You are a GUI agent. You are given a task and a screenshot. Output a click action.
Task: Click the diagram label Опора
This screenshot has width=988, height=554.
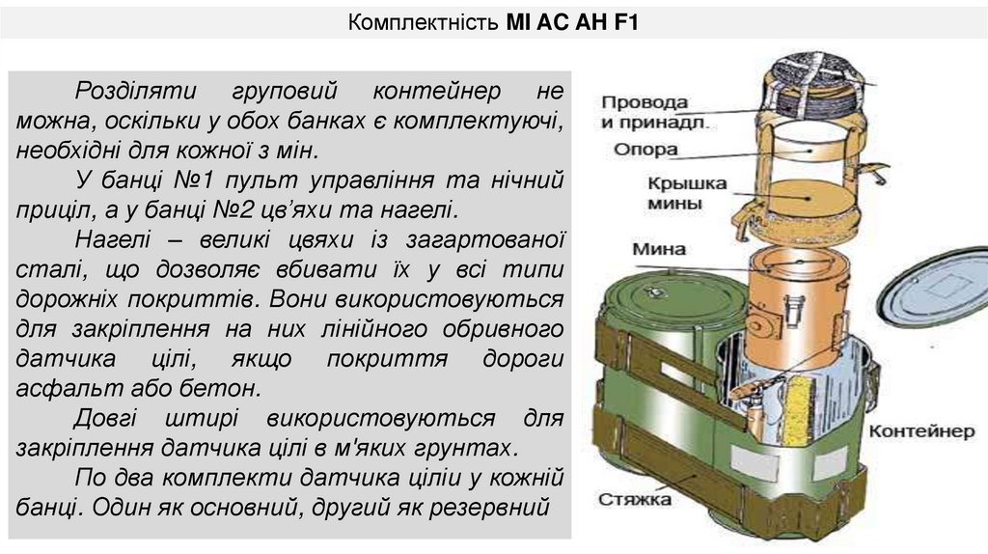pyautogui.click(x=645, y=150)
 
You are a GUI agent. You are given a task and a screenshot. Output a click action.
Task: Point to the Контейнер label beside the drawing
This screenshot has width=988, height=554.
pyautogui.click(x=921, y=430)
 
